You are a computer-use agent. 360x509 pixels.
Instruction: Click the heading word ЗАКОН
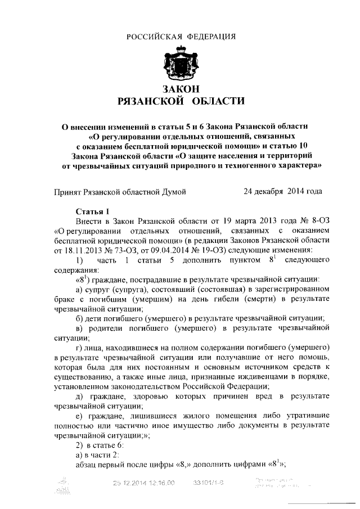(x=180, y=89)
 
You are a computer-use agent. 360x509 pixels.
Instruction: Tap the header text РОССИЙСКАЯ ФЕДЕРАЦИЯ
(x=180, y=37)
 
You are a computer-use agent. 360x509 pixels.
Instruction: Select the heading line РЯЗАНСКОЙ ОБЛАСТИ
(x=180, y=101)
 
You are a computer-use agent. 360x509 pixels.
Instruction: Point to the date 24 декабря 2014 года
(x=282, y=191)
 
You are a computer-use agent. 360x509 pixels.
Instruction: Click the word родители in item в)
(x=109, y=327)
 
